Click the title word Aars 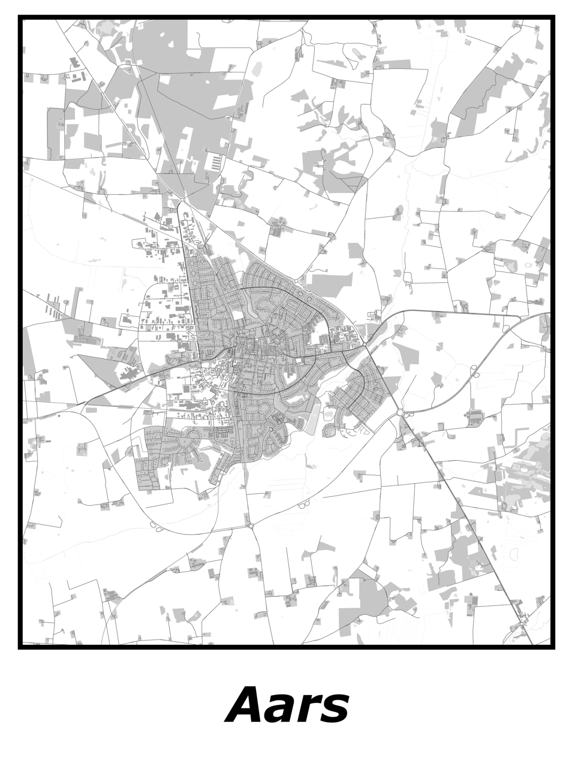(287, 705)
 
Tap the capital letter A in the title (248, 705)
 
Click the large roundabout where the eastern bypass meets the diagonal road (400, 412)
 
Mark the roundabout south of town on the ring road (251, 526)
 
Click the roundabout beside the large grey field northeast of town (296, 280)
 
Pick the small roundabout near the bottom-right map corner (522, 624)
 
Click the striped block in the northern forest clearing (215, 162)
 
